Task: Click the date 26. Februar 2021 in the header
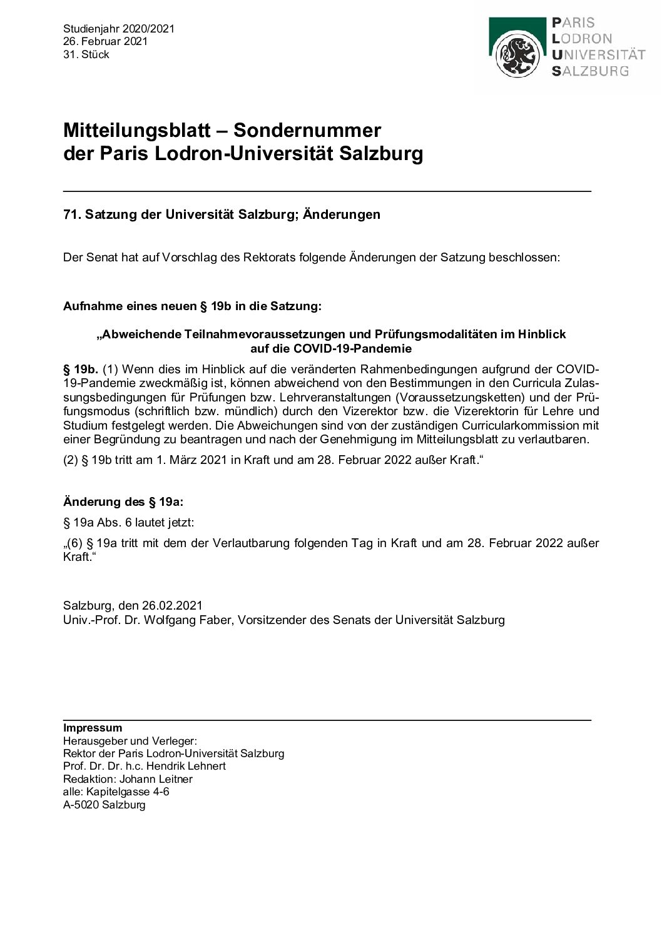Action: [x=105, y=41]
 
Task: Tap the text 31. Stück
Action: [x=86, y=54]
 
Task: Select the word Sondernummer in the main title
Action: [x=307, y=131]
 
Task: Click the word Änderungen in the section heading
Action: [x=342, y=214]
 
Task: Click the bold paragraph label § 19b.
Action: [x=81, y=368]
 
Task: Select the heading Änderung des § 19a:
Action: [x=123, y=501]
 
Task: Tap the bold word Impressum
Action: [x=93, y=728]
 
